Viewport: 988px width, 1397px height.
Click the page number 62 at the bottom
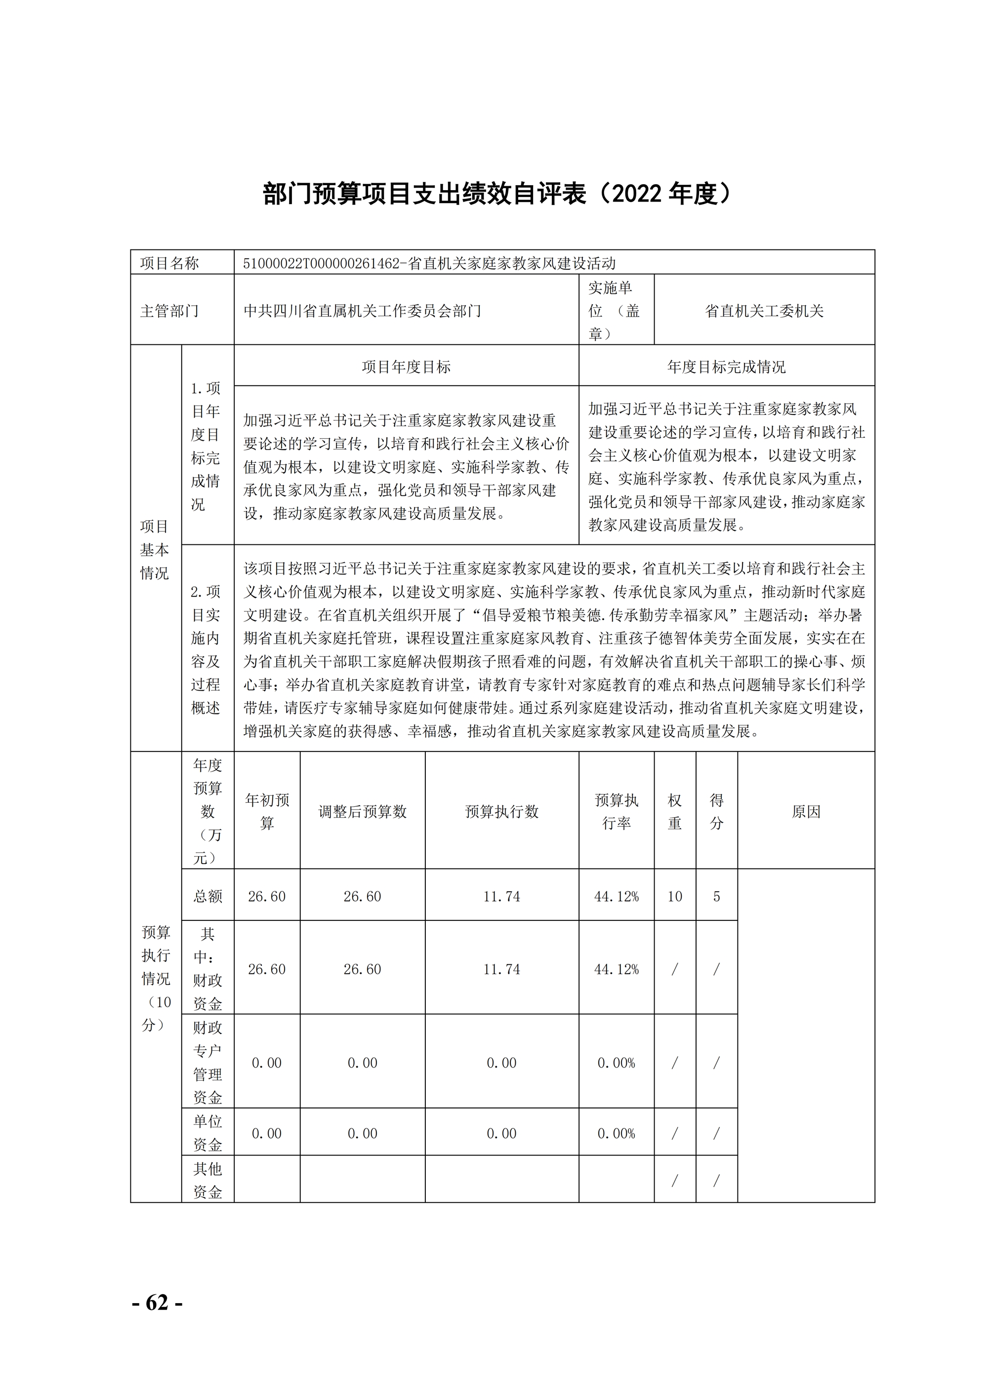tap(157, 1302)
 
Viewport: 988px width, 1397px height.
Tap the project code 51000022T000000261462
tap(321, 263)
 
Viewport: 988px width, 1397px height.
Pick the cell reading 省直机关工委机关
tap(764, 311)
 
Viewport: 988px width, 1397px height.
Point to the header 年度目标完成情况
tap(726, 367)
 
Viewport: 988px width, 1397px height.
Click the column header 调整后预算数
tap(362, 812)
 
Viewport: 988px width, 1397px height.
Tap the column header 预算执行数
tap(501, 812)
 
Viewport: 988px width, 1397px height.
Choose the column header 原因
tap(806, 812)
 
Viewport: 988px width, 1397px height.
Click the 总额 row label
tap(207, 896)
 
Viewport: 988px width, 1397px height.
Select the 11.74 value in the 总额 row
tap(501, 896)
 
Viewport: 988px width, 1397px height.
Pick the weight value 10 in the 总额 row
tap(675, 896)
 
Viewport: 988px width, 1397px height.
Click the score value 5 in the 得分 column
tap(717, 896)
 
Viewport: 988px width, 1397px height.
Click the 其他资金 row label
tap(207, 1181)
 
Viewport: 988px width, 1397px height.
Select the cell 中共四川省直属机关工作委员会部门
tap(362, 311)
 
